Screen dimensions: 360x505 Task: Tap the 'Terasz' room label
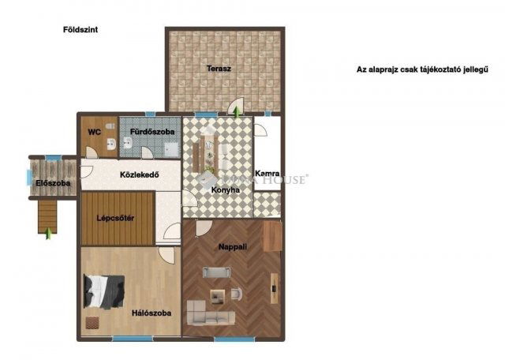click(x=219, y=69)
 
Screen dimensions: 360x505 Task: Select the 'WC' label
click(x=94, y=132)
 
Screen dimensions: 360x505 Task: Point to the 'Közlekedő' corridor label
click(x=140, y=174)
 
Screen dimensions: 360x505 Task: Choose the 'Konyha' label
click(x=225, y=189)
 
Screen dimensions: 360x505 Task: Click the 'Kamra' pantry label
click(x=267, y=174)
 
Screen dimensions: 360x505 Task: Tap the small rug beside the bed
click(x=95, y=322)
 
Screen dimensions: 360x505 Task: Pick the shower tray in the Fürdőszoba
click(x=171, y=145)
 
